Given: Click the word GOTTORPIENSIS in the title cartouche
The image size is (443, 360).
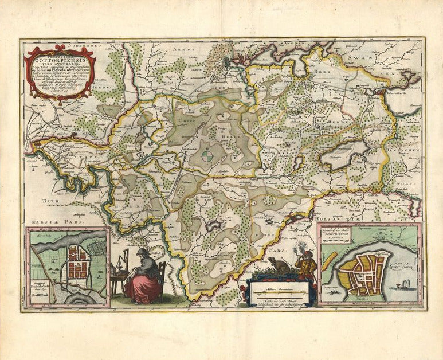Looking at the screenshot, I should pos(59,59).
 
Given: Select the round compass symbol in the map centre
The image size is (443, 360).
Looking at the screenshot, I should pos(210,154).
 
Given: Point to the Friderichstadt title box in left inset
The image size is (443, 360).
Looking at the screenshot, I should pos(46,289).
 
